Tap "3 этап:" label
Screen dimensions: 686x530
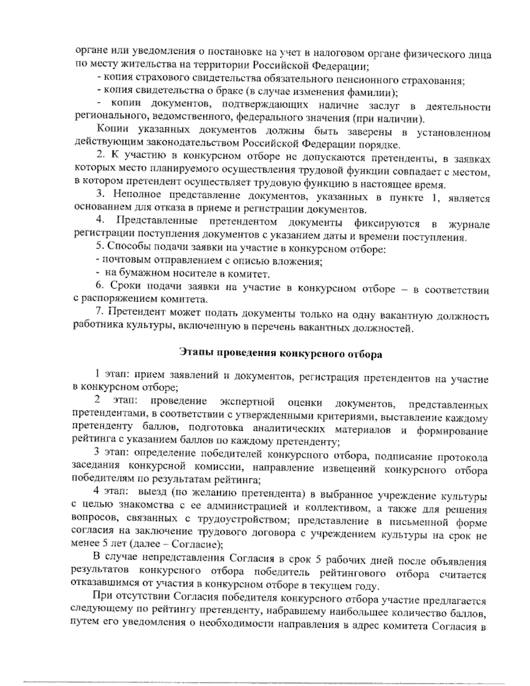110,453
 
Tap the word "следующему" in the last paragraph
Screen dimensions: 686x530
95,614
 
